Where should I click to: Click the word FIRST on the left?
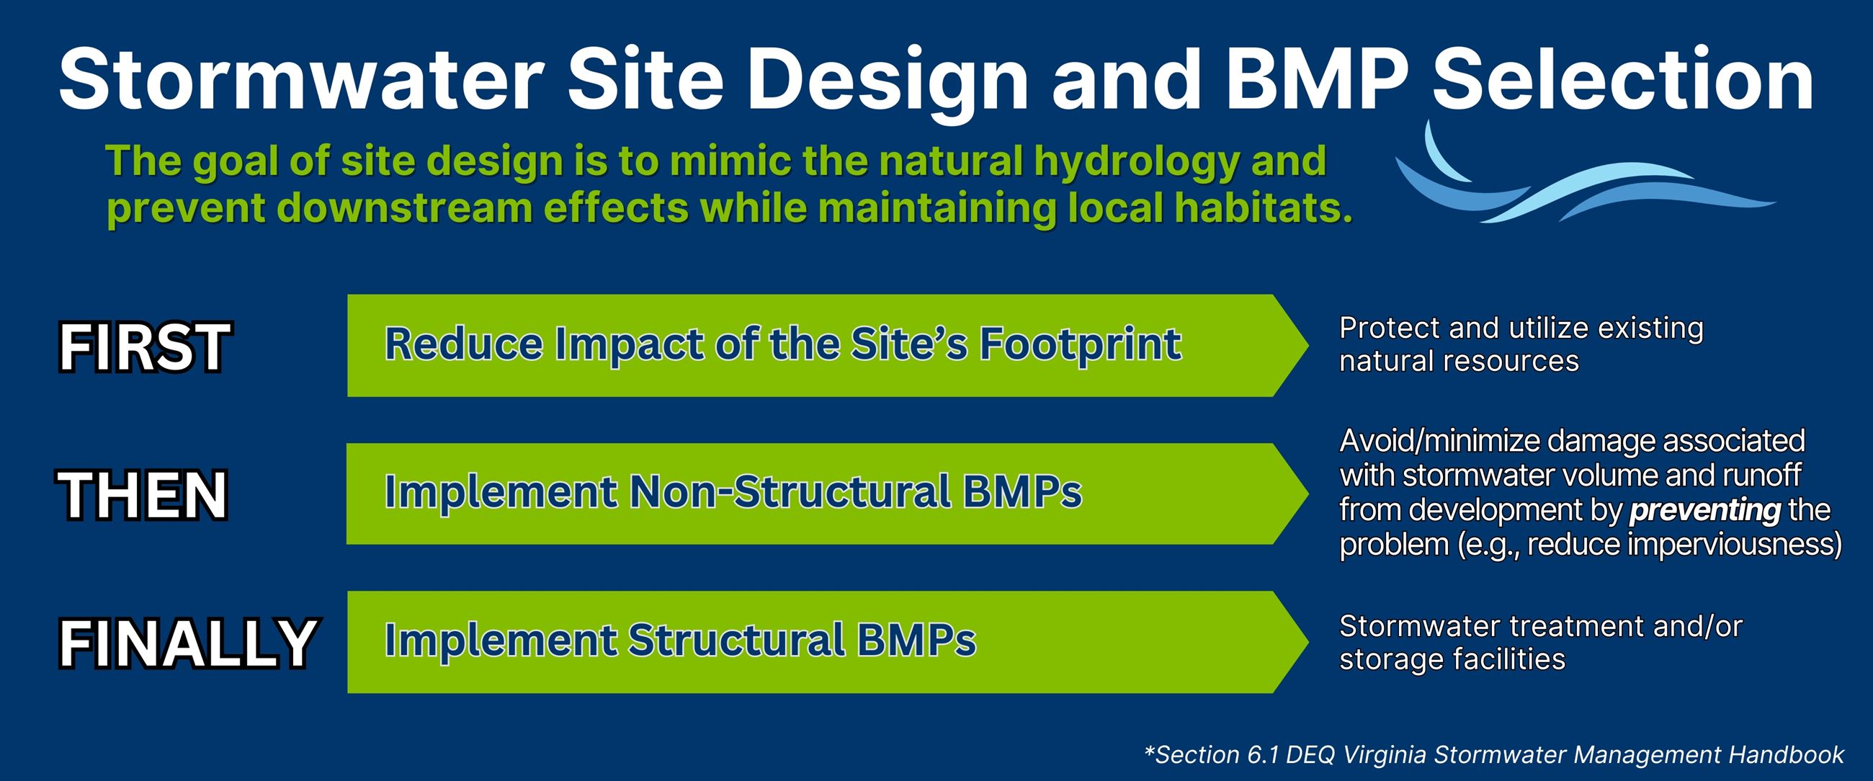pos(144,347)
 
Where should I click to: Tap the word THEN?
pos(143,495)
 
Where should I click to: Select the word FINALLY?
pos(187,643)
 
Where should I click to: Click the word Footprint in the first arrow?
pos(1081,344)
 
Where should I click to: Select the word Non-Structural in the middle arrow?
pos(790,492)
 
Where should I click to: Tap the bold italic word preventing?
pos(1704,511)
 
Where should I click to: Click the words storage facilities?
pos(1452,659)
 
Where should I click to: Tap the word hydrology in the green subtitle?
pos(1136,161)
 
